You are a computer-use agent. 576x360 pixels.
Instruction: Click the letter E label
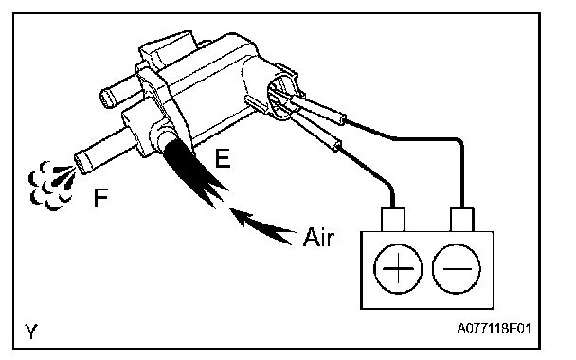coord(223,159)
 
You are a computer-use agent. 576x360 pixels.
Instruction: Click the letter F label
coord(100,197)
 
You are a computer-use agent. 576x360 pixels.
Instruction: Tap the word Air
coord(318,237)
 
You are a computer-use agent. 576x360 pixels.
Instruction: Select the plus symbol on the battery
coord(398,269)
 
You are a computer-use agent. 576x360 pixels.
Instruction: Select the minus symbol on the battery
coord(457,269)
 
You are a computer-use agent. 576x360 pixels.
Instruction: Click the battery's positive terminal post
coord(393,219)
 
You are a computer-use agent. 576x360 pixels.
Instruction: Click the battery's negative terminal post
coord(462,219)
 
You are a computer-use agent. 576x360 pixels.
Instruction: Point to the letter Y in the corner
coord(31,331)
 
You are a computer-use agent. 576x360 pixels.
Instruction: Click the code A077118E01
coord(494,328)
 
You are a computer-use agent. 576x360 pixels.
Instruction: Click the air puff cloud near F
coord(51,186)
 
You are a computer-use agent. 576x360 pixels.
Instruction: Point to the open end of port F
coord(81,164)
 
